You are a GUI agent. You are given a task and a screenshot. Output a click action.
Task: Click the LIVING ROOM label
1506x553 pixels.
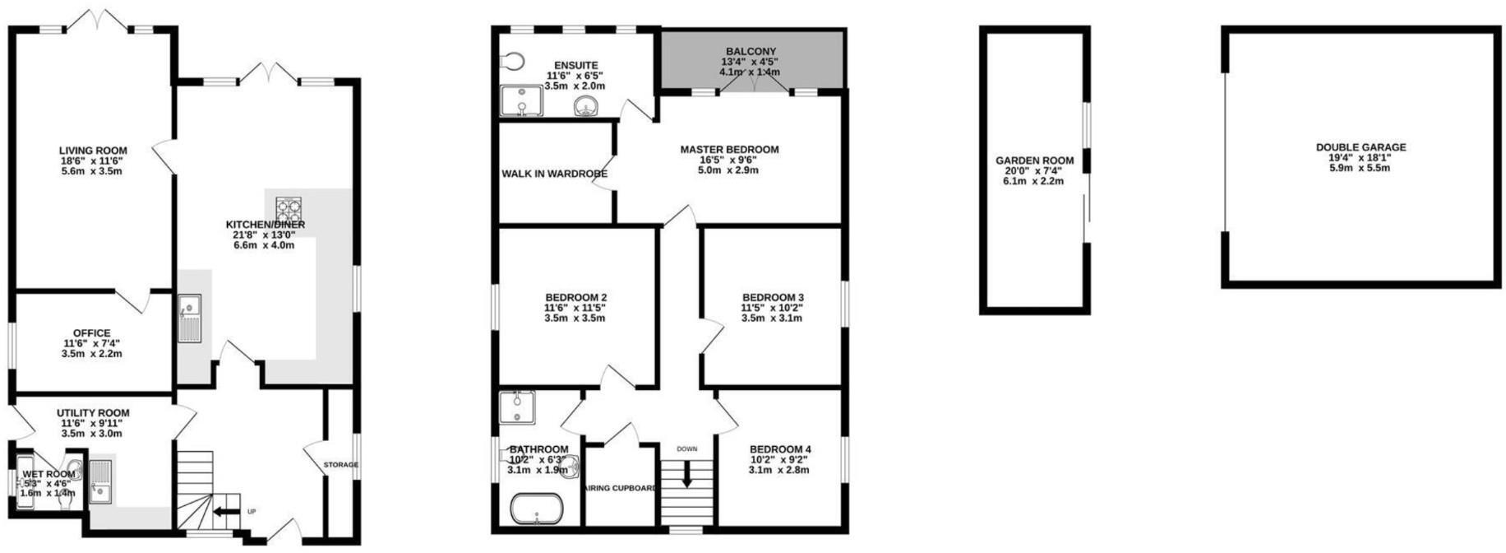coord(93,151)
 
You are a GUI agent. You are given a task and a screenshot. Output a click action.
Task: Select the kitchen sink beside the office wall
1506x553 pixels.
coord(189,318)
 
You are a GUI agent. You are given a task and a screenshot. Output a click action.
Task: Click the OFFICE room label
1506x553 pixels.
coord(91,333)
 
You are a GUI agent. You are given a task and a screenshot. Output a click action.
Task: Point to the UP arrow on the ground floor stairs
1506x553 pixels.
coord(223,512)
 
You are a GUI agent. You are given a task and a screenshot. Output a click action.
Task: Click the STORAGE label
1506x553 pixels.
coord(340,465)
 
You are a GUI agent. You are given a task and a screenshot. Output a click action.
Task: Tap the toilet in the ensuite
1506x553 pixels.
coord(511,61)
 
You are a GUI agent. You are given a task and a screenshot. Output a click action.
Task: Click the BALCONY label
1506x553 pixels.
coord(750,52)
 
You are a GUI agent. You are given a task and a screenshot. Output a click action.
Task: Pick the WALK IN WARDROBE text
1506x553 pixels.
coord(555,174)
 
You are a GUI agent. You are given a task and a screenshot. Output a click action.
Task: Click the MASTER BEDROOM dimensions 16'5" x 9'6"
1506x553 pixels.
coord(728,160)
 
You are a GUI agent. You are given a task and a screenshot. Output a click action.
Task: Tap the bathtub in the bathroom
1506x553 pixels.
coord(537,509)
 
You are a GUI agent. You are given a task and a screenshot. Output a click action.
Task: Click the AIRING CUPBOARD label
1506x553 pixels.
coord(621,488)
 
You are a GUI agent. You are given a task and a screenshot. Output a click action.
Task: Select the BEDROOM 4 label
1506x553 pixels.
coord(778,449)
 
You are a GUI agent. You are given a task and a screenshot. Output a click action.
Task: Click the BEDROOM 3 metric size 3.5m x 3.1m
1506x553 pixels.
coord(772,318)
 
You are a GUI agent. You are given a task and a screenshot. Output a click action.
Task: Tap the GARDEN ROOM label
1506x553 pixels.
coord(1034,160)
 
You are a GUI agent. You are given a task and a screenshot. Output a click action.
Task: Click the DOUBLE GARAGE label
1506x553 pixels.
coord(1360,147)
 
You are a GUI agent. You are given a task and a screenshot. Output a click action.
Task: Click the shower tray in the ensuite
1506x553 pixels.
coord(521,101)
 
